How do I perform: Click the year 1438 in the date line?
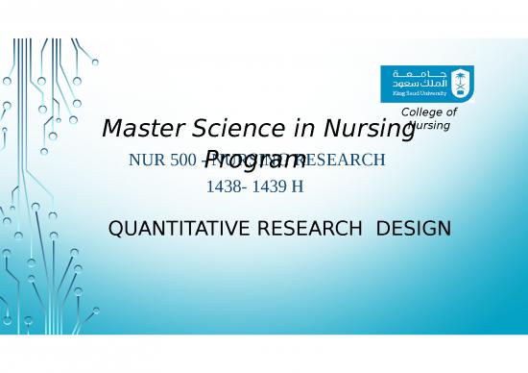click(x=224, y=186)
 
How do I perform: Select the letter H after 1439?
click(x=298, y=186)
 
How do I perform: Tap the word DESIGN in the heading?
click(x=414, y=229)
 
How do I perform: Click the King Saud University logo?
click(x=426, y=83)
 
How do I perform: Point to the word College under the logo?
click(x=429, y=113)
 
